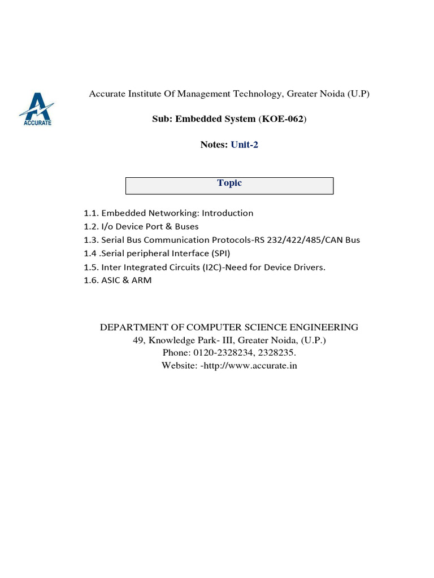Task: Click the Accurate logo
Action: [37, 110]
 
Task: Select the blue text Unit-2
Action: [244, 144]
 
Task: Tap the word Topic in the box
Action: [229, 183]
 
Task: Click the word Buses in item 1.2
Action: [186, 226]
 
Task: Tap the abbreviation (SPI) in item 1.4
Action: [219, 253]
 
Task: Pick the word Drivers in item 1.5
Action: [310, 267]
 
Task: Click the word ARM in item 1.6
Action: [141, 281]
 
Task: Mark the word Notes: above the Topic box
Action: [214, 144]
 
